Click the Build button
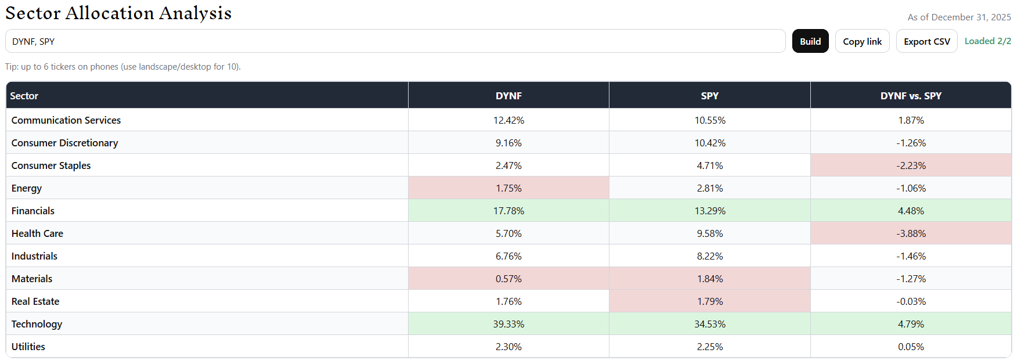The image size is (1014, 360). (810, 41)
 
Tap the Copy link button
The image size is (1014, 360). (862, 41)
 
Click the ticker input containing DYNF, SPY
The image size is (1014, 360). (395, 41)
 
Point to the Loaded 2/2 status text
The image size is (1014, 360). (987, 41)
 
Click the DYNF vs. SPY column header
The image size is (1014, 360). (911, 96)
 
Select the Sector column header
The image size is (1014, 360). (24, 96)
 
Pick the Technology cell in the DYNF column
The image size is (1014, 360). (508, 324)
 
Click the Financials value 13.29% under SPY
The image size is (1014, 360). (710, 211)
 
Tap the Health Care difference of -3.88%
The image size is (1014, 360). (911, 233)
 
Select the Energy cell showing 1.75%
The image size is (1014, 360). (508, 188)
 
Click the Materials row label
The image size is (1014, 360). (32, 279)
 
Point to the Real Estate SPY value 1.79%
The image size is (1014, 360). (710, 301)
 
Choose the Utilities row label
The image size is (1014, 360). (28, 347)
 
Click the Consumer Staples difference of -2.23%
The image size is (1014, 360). (911, 165)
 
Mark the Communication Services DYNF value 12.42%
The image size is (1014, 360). (508, 120)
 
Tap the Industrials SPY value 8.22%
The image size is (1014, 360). (710, 256)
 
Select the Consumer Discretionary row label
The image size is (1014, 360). (64, 143)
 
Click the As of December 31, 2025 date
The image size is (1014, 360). (959, 17)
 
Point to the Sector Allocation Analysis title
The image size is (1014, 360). (118, 13)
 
